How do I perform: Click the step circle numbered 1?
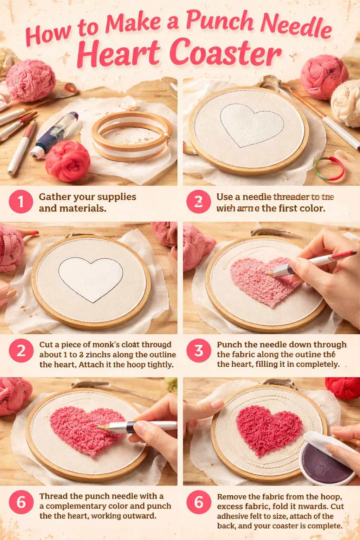[21, 202]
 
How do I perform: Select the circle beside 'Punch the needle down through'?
[199, 350]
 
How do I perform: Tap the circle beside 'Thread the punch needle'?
[21, 502]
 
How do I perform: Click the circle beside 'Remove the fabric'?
[199, 502]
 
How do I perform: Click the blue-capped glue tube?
[54, 135]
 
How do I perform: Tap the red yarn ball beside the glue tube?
[68, 161]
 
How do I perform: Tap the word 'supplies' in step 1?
[116, 197]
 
